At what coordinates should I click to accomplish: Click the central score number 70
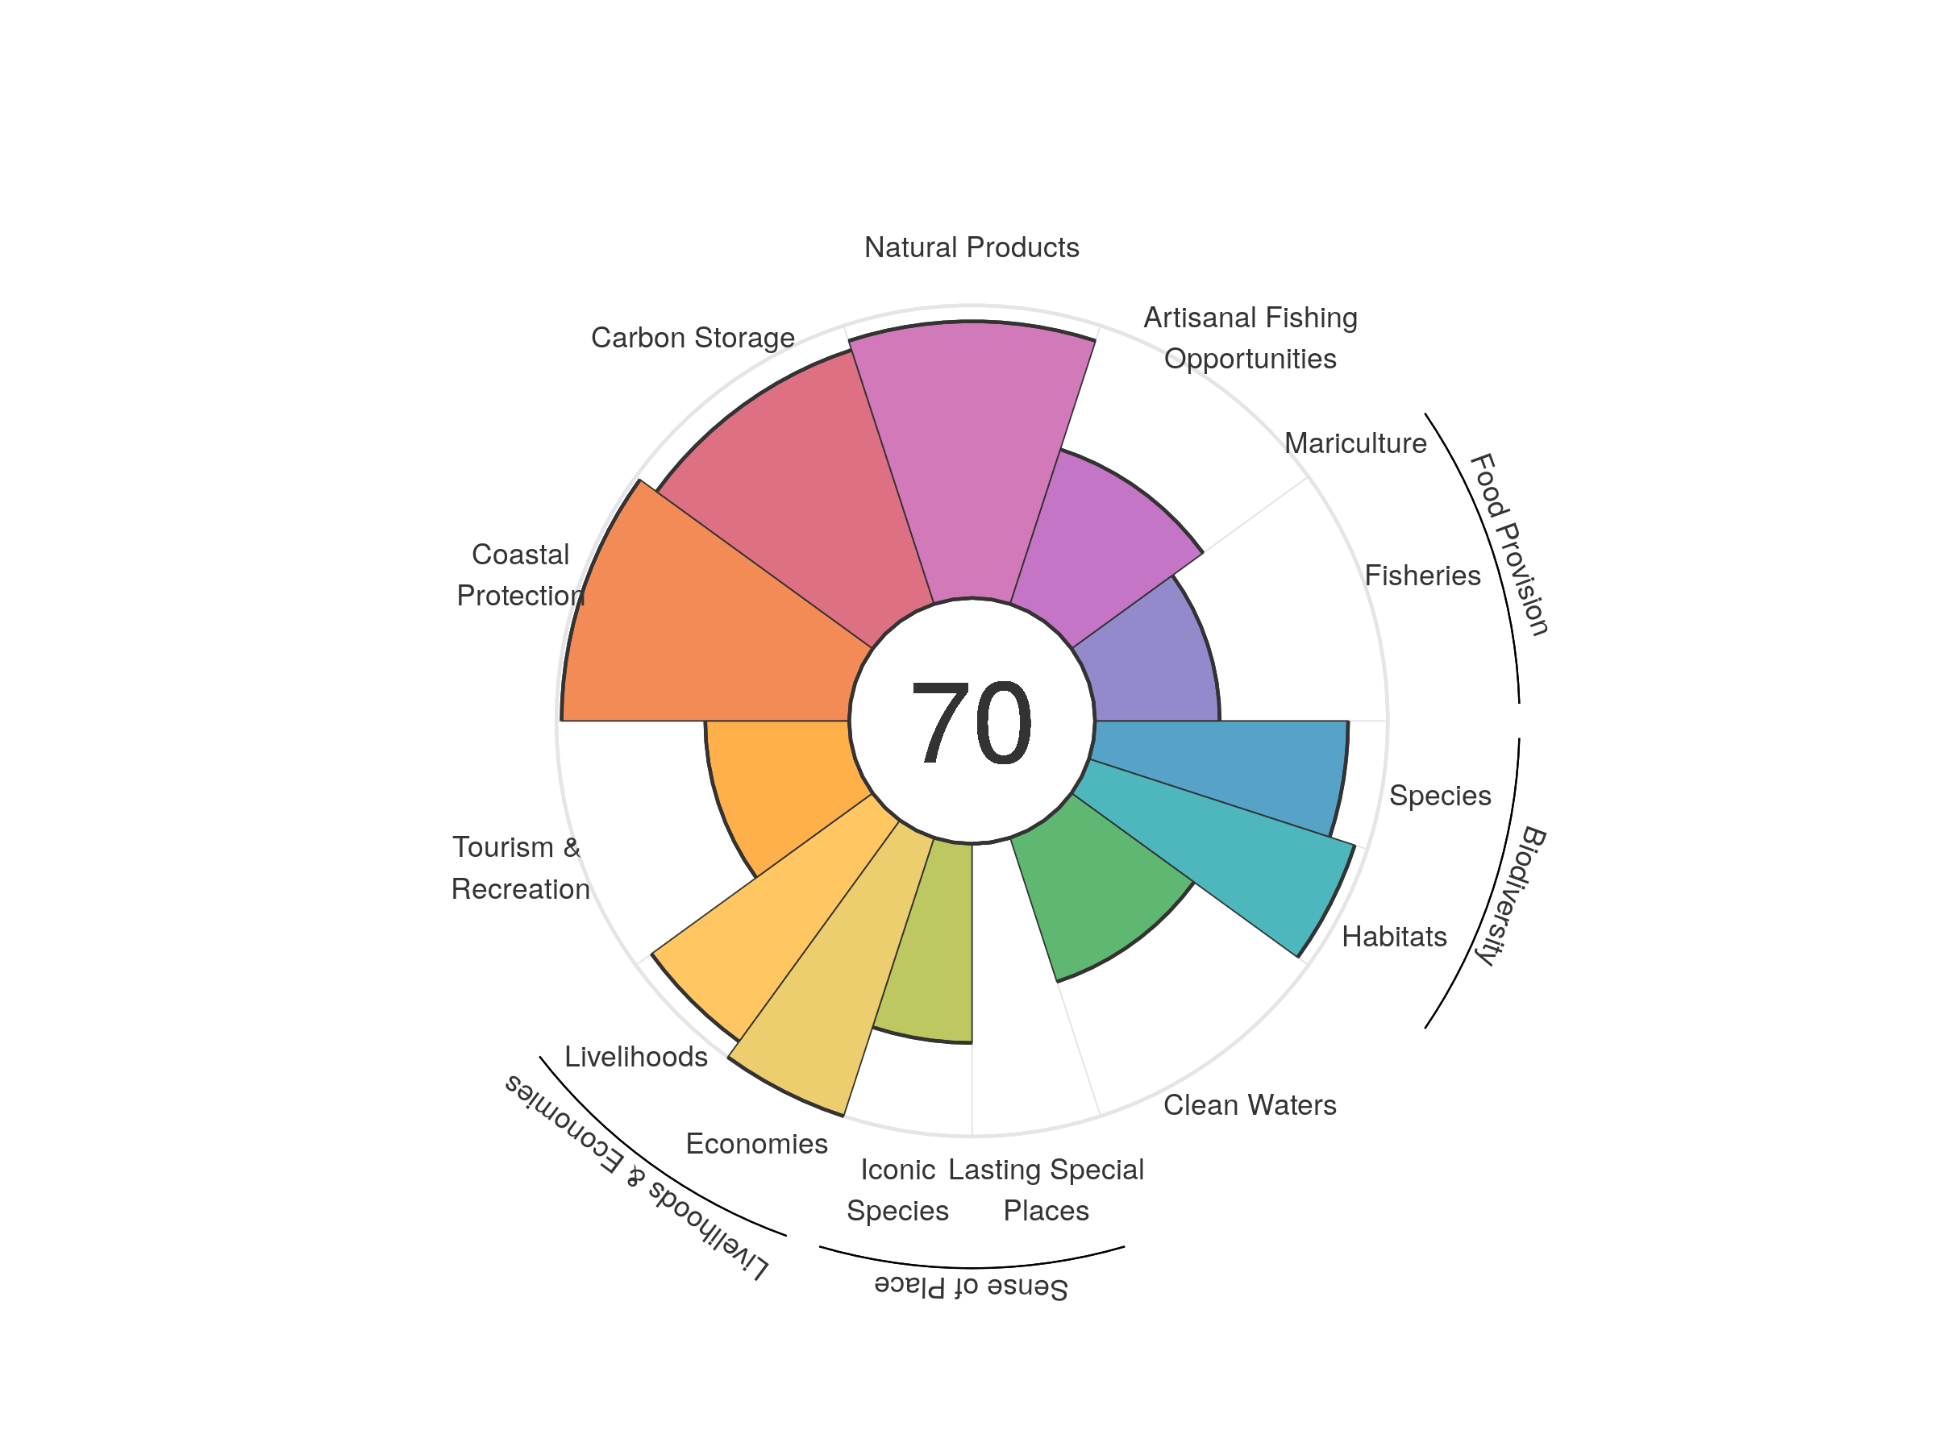coord(971,722)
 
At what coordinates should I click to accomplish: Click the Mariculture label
coord(1355,443)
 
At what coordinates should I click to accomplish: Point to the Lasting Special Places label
coord(1047,1190)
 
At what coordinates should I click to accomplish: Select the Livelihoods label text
coord(636,1057)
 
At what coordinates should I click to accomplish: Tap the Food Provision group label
coord(1510,544)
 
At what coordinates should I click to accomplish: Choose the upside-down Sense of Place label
coord(971,1287)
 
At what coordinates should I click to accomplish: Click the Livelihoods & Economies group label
coord(637,1176)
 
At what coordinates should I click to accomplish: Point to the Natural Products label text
coord(971,247)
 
